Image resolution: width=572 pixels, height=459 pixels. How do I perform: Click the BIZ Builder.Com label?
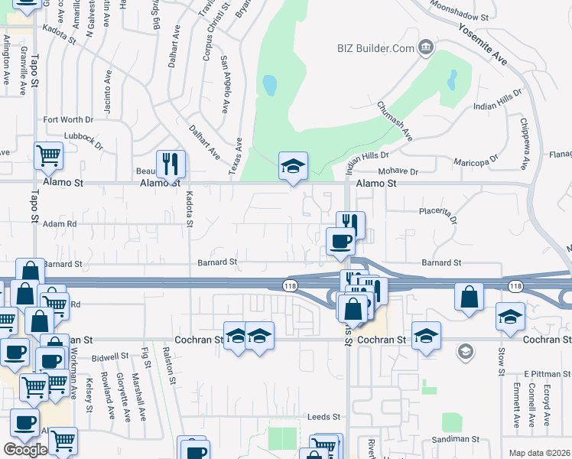pos(375,48)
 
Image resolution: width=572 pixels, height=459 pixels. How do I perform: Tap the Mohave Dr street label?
pos(398,172)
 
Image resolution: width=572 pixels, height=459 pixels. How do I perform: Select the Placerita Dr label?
pos(438,214)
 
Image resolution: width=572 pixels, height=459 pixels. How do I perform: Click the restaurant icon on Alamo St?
pos(171,164)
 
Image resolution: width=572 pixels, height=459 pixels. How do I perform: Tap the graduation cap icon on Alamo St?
pos(292,166)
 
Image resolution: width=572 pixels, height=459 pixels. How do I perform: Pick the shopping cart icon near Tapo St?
pos(48,155)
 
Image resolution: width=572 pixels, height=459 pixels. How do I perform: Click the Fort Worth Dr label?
pos(68,119)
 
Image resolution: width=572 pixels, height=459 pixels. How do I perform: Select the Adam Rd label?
pos(60,224)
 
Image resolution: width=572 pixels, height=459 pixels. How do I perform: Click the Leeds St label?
pos(323,417)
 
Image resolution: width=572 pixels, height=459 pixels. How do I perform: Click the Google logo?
pos(26,450)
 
